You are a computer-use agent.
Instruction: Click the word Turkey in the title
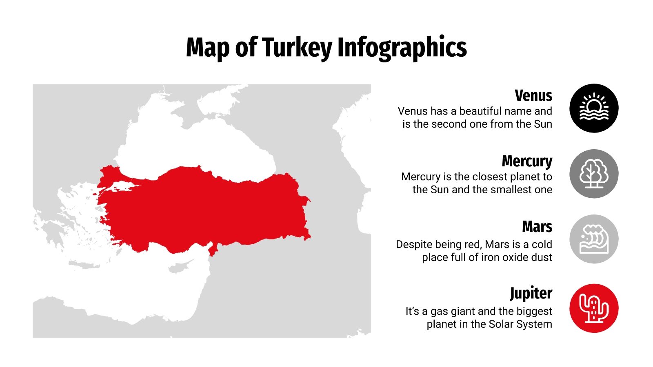[x=297, y=47]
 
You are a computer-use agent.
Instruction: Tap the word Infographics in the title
[x=402, y=47]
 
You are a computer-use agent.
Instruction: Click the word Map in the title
[x=208, y=47]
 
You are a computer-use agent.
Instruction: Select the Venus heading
[x=533, y=95]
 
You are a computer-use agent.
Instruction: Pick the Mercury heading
[x=527, y=161]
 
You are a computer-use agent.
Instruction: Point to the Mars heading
[x=537, y=227]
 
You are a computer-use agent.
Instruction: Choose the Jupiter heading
[x=531, y=293]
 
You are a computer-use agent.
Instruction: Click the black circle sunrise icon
[x=594, y=108]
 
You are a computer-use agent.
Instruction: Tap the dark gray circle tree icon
[x=594, y=174]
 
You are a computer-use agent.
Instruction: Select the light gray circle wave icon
[x=594, y=239]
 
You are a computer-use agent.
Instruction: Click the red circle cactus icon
[x=594, y=308]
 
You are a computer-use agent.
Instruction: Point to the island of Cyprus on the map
[x=180, y=268]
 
